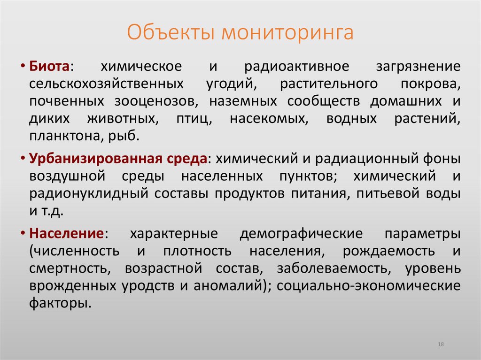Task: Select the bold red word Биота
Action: [x=49, y=67]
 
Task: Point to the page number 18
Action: [x=441, y=345]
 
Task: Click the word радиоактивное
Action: [x=297, y=67]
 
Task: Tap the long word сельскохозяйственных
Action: [x=106, y=84]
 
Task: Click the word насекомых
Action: [x=269, y=119]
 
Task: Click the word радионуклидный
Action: [x=80, y=194]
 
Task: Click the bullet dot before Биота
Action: [x=23, y=67]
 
